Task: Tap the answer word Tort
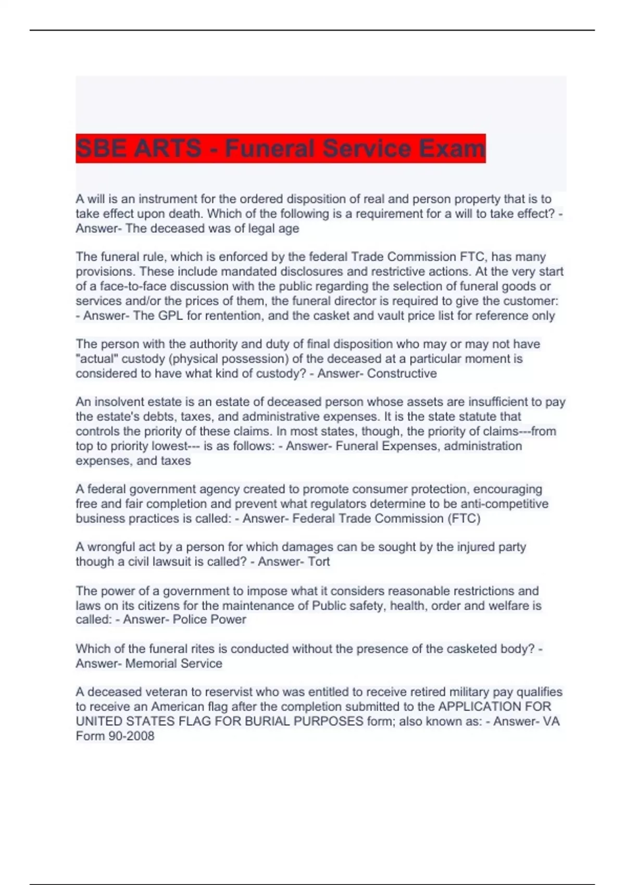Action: [x=319, y=561]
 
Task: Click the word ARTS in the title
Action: [x=167, y=149]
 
